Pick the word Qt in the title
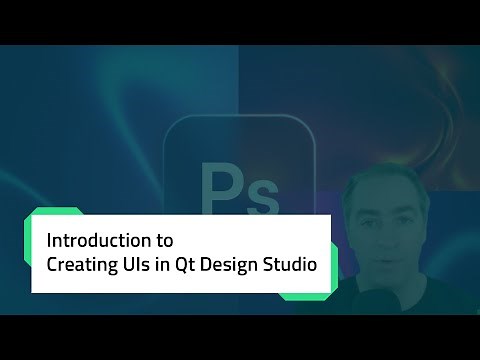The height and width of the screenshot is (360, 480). click(197, 266)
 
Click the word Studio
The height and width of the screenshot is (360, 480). click(299, 266)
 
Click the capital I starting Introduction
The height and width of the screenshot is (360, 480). click(51, 241)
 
